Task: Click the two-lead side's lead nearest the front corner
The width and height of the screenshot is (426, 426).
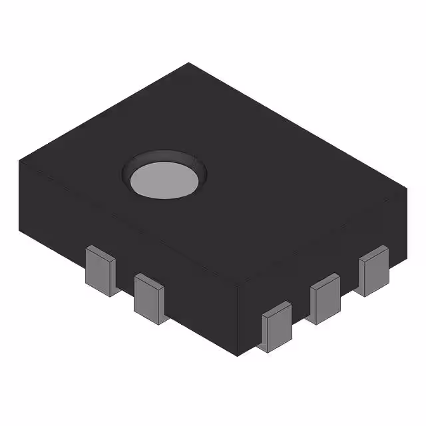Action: [151, 299]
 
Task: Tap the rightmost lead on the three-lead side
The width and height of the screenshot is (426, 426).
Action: [373, 270]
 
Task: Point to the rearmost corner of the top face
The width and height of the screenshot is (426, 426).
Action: [189, 63]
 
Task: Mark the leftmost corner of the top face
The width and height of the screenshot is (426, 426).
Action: [19, 160]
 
